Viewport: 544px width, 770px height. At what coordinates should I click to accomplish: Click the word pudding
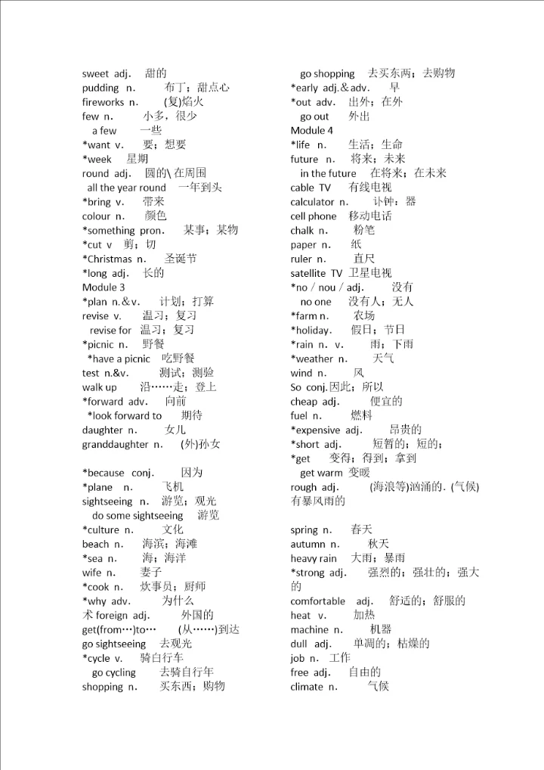click(100, 88)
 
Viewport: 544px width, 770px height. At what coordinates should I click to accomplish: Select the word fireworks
click(103, 102)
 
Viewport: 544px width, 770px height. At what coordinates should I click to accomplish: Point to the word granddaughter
click(115, 444)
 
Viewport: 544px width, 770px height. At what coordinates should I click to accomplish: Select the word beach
click(95, 544)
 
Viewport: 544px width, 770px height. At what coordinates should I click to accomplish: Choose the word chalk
click(302, 231)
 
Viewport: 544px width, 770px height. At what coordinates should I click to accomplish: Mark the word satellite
click(308, 273)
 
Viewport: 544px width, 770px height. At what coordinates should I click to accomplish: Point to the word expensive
click(318, 430)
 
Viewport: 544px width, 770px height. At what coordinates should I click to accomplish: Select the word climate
click(308, 687)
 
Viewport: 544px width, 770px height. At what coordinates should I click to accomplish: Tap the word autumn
click(308, 544)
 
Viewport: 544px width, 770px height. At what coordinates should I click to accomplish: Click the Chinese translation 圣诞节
click(181, 259)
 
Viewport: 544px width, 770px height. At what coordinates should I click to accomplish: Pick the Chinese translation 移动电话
click(370, 216)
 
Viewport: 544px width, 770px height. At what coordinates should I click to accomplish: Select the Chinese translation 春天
click(362, 529)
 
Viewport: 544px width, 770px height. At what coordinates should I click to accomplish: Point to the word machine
click(310, 629)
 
